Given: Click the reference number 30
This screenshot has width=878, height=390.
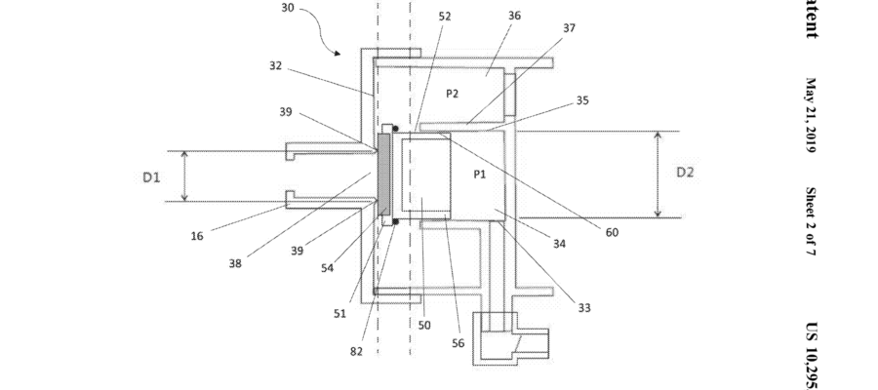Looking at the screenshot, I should click(287, 7).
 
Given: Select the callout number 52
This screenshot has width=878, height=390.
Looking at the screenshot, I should click(445, 16).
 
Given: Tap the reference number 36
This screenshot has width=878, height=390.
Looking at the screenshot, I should click(514, 16).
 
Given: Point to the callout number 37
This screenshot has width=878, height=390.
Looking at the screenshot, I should click(569, 28).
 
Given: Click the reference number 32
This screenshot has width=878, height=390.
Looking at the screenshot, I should click(276, 66).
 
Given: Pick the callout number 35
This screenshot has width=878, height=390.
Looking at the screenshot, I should click(582, 100).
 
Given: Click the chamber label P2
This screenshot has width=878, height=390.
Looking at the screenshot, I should click(452, 93).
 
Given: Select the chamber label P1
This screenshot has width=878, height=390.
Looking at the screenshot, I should click(479, 175).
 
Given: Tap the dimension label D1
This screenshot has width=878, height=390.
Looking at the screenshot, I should click(151, 176).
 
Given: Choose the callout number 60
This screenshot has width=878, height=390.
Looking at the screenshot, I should click(611, 232).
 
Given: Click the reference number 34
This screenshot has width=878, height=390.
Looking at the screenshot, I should click(559, 244).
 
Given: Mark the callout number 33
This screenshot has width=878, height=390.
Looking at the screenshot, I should click(583, 308).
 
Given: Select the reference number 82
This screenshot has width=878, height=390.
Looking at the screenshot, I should click(356, 351).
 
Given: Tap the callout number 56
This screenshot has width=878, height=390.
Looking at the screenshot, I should click(459, 342).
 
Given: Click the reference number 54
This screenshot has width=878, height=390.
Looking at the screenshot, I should click(328, 267).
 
